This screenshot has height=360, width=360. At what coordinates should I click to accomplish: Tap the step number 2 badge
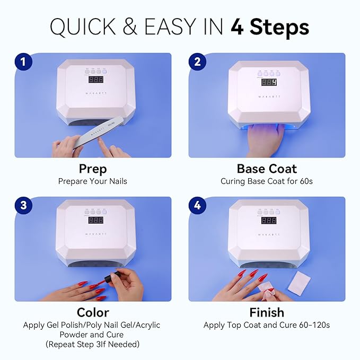coord(197,62)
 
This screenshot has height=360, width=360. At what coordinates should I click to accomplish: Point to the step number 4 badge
coord(197,205)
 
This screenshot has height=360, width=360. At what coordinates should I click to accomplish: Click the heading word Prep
coord(93,169)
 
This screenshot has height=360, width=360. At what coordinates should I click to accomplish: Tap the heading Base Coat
coord(266,169)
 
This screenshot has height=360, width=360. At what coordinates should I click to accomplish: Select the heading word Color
coord(93,312)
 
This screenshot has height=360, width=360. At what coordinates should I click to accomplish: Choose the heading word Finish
coord(266,312)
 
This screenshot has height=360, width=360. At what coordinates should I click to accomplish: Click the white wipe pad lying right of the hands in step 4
coord(300,280)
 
